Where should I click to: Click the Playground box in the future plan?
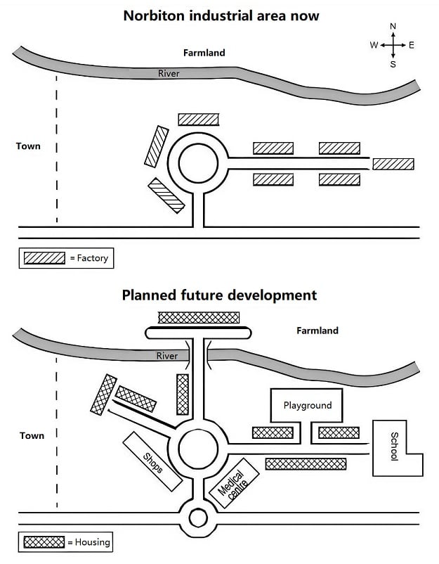[x=306, y=405]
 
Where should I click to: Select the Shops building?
[x=152, y=461]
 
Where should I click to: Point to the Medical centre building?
[x=234, y=482]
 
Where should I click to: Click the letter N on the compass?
[x=393, y=26]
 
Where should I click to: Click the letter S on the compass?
[x=393, y=65]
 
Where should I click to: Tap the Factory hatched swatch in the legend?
[x=44, y=258]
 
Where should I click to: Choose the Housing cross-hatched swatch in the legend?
[x=44, y=542]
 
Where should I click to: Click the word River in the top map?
[x=169, y=73]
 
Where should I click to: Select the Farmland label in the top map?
[x=204, y=53]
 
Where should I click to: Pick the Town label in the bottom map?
[x=32, y=435]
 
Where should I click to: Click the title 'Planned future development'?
[x=219, y=295]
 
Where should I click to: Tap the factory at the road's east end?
[x=393, y=164]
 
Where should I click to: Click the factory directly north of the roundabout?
[x=199, y=120]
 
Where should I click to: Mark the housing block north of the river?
[x=199, y=318]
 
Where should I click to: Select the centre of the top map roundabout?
[x=198, y=163]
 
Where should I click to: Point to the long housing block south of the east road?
[x=306, y=463]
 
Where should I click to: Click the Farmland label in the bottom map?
[x=317, y=331]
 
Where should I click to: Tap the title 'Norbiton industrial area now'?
[x=221, y=16]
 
